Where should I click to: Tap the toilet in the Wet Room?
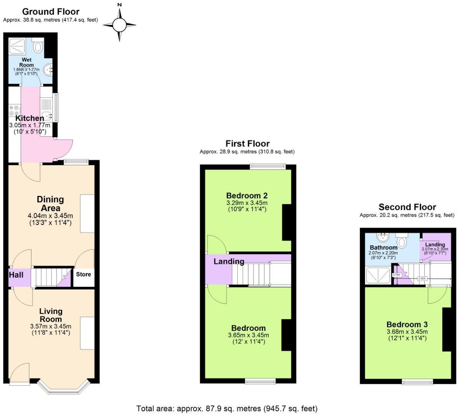[x=38, y=47]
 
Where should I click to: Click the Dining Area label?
[x=50, y=204]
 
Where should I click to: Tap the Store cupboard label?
[x=84, y=274]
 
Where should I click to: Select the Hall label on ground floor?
[x=16, y=274]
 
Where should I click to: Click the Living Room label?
[x=51, y=315]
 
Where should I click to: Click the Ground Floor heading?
[x=51, y=11]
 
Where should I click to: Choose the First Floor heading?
[x=247, y=144]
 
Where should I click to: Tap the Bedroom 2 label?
[x=247, y=195]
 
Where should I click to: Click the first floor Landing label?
[x=229, y=261]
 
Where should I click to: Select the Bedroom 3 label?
[x=407, y=324]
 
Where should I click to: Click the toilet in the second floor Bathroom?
[x=402, y=242]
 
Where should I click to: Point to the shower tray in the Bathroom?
[x=378, y=275]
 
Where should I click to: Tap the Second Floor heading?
[x=407, y=207]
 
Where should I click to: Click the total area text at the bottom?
[x=227, y=408]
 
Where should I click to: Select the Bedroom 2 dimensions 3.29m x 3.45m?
[x=247, y=203]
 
